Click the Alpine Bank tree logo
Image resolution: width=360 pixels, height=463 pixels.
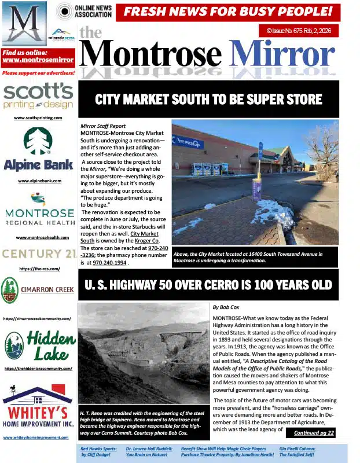click(x=38, y=141)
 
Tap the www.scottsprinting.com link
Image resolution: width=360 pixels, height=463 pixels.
click(x=38, y=117)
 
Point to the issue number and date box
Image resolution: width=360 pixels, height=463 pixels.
click(x=298, y=30)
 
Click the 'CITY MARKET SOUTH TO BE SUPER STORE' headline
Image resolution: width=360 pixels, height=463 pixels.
click(x=208, y=99)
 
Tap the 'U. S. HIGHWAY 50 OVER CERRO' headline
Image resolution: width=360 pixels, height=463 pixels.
click(x=208, y=285)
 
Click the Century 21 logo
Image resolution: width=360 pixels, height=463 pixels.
click(x=38, y=253)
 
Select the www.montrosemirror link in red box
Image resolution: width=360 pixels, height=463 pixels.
click(x=38, y=60)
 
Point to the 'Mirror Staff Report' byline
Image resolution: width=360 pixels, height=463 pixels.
click(x=103, y=125)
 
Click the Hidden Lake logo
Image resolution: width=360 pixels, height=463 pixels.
click(x=38, y=346)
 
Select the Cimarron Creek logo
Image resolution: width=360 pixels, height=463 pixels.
click(x=38, y=291)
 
